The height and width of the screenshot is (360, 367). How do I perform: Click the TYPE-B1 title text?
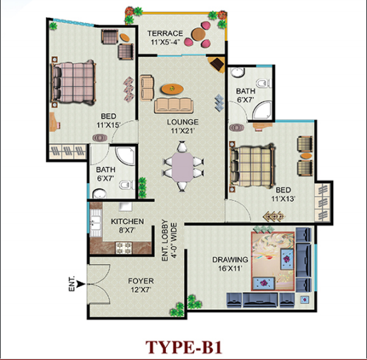184,347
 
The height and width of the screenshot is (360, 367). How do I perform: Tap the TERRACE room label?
165,34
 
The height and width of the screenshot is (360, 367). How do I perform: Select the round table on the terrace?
198,34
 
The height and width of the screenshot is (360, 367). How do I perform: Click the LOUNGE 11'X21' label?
182,126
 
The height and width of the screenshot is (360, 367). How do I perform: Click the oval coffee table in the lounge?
172,89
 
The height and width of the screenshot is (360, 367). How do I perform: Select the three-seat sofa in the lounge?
174,105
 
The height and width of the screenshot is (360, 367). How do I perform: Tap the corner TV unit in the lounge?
216,64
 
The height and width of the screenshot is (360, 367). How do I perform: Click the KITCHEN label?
127,221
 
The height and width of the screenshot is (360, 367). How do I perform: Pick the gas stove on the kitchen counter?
124,248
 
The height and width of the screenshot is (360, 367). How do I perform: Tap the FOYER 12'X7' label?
141,285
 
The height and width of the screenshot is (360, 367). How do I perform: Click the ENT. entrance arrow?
82,284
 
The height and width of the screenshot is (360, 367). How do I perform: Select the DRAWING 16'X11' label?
230,264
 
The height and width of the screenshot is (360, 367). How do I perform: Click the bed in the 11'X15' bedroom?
74,82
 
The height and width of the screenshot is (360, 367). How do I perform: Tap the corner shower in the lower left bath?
125,155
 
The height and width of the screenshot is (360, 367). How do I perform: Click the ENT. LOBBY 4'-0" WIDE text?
169,240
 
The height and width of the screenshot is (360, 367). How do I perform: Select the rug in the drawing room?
273,261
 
